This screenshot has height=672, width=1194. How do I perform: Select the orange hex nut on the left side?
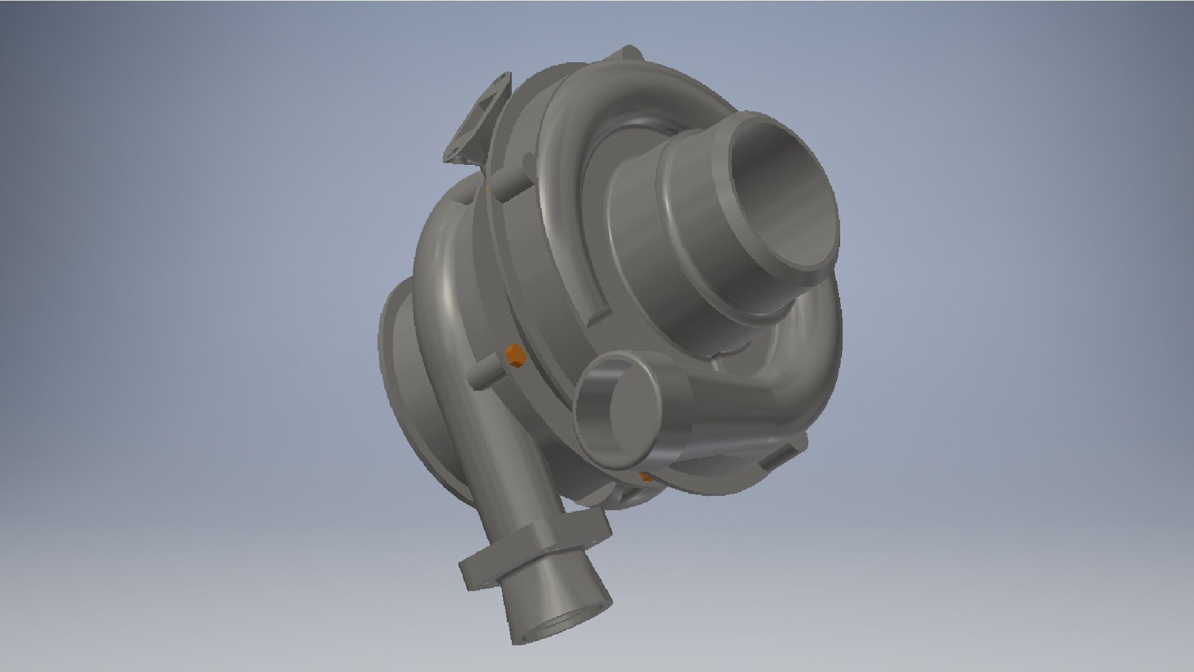pyautogui.click(x=515, y=357)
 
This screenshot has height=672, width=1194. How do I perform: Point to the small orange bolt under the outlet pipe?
pyautogui.click(x=646, y=477)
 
